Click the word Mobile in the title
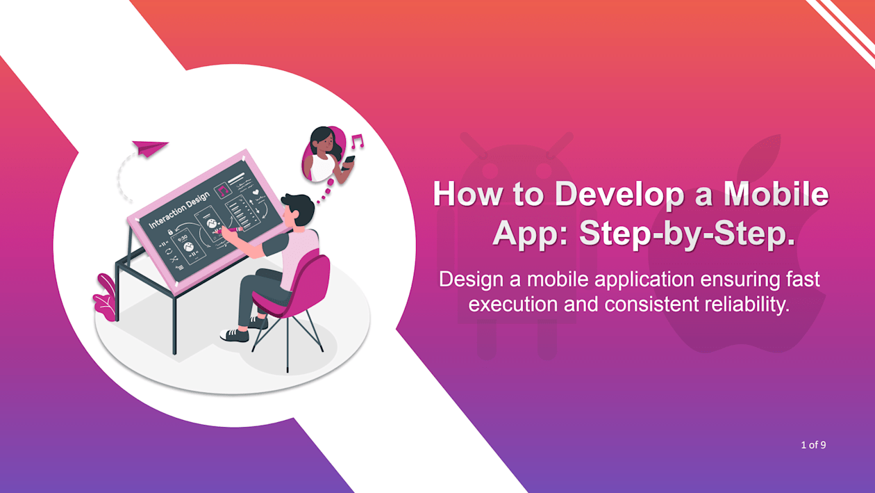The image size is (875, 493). click(776, 194)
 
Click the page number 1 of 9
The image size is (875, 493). click(813, 445)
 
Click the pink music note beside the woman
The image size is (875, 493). click(357, 141)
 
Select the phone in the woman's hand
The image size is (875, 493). click(348, 161)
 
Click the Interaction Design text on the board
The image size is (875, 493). click(179, 210)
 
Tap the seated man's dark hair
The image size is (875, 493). click(299, 207)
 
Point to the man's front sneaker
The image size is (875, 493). click(234, 335)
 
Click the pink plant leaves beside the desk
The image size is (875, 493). click(105, 298)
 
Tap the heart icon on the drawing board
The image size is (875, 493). click(256, 192)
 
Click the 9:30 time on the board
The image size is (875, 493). click(183, 238)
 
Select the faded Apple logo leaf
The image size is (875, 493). click(760, 155)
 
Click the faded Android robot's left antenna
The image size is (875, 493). click(474, 145)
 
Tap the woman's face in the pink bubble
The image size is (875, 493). click(326, 143)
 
